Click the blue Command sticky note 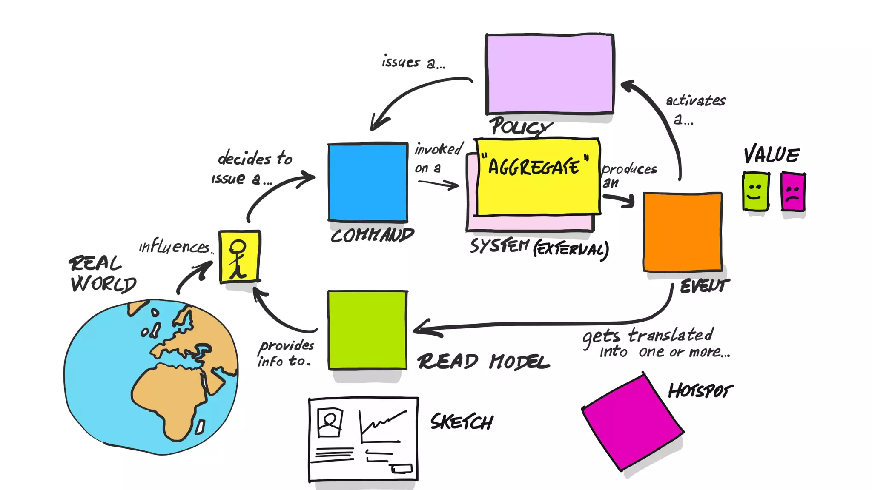[367, 182]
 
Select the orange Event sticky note [683, 232]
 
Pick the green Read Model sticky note [367, 330]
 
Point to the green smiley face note [756, 191]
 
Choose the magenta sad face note [793, 192]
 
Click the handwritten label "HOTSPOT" [700, 390]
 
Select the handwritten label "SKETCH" [462, 422]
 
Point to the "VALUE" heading [772, 155]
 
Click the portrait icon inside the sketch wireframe [330, 422]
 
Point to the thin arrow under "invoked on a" [439, 183]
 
